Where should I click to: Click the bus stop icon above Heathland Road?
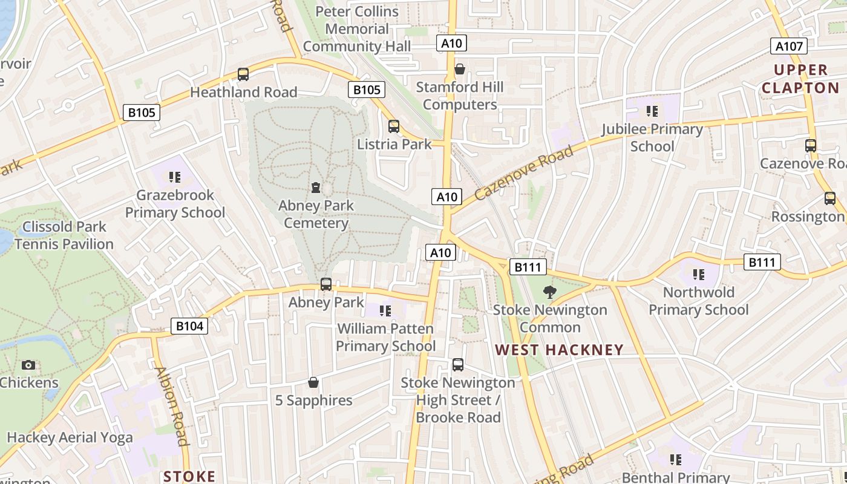[243, 74]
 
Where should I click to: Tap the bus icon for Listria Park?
[394, 126]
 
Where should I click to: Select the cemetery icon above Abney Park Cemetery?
[316, 188]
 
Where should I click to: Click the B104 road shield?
[189, 326]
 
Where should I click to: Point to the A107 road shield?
[790, 47]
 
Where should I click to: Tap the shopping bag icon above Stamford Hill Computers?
[460, 69]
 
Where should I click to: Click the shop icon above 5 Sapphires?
[313, 382]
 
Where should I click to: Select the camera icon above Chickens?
[28, 365]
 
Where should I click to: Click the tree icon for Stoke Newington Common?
[549, 292]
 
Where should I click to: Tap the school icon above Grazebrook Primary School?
[175, 177]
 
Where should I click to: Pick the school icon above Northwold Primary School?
[699, 275]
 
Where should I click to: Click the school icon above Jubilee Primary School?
[652, 111]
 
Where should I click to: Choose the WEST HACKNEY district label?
[559, 350]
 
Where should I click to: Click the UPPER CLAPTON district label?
[800, 79]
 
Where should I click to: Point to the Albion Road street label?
[171, 406]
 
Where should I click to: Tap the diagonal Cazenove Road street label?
[524, 174]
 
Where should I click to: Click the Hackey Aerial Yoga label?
[70, 437]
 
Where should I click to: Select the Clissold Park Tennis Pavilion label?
[64, 235]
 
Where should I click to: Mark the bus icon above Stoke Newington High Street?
[458, 365]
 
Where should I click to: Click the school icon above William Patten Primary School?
[385, 311]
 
